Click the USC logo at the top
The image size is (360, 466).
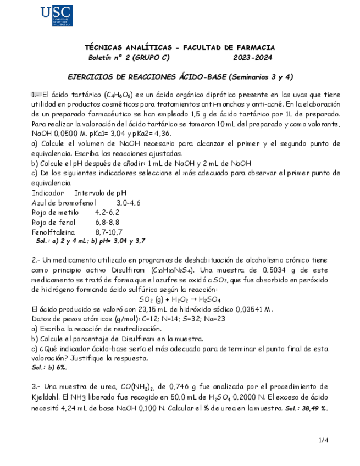[x=57, y=15]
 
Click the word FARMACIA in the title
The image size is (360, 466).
[x=252, y=48]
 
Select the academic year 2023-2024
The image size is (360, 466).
[x=252, y=58]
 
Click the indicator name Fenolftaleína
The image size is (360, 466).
[x=53, y=232]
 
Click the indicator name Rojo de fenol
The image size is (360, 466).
[x=54, y=222]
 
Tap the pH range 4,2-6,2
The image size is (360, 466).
[x=107, y=212]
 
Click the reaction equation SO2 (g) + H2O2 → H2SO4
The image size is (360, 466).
[x=180, y=299]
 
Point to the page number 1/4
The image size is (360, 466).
[x=324, y=440]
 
